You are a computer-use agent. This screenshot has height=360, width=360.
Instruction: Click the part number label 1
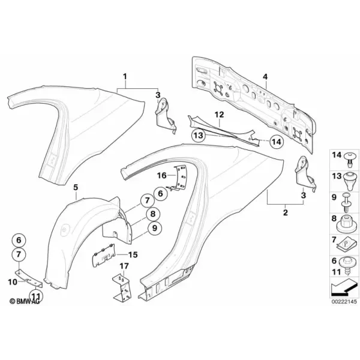tap(125, 76)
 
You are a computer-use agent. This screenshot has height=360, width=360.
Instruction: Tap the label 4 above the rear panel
tap(265, 77)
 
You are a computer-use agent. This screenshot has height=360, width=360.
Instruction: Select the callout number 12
tap(219, 115)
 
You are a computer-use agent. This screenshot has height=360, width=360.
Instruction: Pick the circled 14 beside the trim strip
tap(277, 142)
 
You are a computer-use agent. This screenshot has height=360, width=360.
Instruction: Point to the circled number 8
tap(152, 214)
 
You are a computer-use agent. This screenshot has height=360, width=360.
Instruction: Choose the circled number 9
tap(155, 228)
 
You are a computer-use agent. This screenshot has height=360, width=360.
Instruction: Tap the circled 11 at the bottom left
tap(36, 296)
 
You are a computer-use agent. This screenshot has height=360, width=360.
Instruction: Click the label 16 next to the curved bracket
tap(161, 176)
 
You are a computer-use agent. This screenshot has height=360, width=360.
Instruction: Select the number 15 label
tap(133, 254)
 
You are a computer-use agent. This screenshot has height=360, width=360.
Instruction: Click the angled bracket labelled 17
tap(122, 287)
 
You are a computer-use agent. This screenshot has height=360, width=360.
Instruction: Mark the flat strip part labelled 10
tap(29, 278)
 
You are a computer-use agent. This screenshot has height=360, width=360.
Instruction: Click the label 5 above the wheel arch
tap(76, 187)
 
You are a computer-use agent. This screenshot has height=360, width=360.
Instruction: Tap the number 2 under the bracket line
tap(286, 212)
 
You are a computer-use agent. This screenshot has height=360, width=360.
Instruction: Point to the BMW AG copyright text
tap(25, 301)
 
